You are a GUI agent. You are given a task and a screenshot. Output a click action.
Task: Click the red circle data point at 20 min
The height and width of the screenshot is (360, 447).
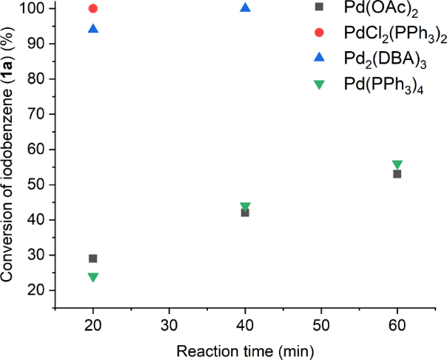click(93, 9)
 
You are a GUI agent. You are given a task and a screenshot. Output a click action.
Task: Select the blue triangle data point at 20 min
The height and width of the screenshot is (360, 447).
click(93, 29)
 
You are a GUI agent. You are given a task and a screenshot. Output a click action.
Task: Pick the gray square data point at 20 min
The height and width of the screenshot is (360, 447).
click(93, 259)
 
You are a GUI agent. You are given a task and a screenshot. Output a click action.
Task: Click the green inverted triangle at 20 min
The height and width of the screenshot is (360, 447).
click(93, 277)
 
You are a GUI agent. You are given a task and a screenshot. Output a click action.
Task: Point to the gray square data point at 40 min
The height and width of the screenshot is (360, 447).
click(246, 213)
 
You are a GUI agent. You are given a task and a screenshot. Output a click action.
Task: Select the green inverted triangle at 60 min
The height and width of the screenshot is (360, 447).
click(397, 164)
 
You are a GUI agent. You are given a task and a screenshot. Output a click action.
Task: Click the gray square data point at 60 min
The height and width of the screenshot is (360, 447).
click(397, 174)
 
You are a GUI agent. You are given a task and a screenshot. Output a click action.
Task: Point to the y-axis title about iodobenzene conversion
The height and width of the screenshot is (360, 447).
click(10, 156)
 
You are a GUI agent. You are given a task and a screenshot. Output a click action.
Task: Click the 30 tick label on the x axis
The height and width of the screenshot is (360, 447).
click(169, 326)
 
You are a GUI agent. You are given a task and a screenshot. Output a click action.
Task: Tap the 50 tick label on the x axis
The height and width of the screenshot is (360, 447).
click(321, 326)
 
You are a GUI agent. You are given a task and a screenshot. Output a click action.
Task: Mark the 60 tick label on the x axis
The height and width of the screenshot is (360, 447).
click(397, 326)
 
